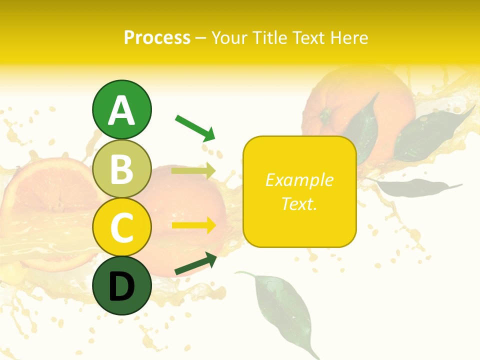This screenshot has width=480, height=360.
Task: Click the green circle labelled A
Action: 121,109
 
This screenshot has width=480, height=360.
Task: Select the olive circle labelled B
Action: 121,168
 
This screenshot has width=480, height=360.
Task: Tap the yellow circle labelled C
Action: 121,227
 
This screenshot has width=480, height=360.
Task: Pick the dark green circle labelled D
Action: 121,285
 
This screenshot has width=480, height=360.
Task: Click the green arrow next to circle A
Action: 195,127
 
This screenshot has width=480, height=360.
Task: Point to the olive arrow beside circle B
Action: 193,171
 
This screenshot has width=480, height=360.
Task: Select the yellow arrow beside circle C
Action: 193,225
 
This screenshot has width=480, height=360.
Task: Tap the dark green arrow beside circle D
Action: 195,264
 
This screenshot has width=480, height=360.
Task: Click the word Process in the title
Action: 157,37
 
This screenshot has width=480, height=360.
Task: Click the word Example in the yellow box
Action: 299,180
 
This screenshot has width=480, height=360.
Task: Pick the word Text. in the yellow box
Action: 299,204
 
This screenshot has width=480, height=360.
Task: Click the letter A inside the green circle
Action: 121,110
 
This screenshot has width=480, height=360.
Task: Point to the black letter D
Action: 121,286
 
